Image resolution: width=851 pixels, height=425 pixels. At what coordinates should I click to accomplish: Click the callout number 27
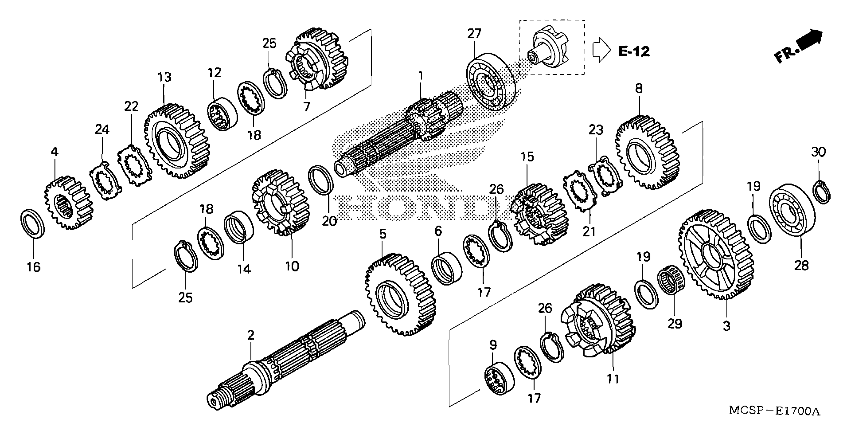click(x=474, y=34)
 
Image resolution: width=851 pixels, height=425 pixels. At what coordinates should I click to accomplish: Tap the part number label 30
click(x=818, y=152)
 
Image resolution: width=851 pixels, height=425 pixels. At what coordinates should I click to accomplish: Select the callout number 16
click(x=33, y=266)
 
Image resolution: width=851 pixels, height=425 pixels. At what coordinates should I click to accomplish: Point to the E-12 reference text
click(x=634, y=51)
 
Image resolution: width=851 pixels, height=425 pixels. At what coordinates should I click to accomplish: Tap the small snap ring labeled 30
click(x=822, y=192)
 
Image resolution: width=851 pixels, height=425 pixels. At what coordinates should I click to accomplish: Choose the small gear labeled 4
click(x=68, y=203)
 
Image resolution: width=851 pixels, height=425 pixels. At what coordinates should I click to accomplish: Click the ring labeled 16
click(x=32, y=223)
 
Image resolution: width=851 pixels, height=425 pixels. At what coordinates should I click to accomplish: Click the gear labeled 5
click(x=400, y=294)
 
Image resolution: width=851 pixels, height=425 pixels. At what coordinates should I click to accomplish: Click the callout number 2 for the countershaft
click(x=251, y=335)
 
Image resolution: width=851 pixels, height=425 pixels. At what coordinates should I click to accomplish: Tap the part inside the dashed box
click(x=549, y=48)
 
